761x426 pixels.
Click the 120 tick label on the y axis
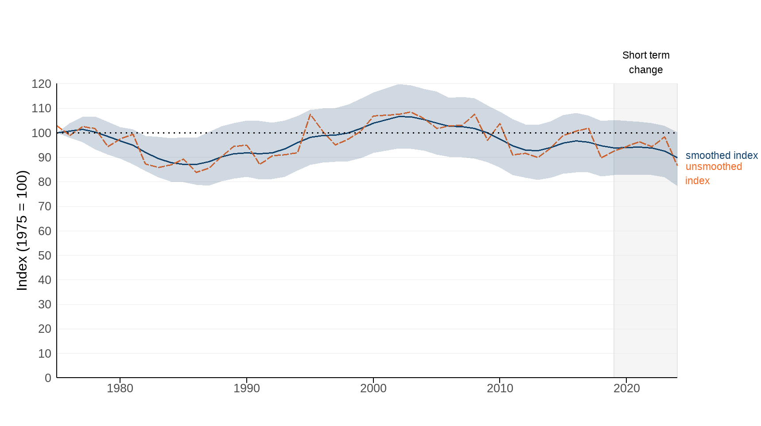41,84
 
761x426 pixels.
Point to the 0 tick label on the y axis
48,378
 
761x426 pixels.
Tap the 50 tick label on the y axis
44,256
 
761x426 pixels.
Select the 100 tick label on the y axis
41,133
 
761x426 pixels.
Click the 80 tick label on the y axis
44,182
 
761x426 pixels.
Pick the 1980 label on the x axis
120,388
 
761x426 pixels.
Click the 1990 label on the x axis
246,388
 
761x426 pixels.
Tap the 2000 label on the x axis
373,388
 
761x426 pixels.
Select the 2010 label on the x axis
500,388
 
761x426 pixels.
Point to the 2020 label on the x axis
626,388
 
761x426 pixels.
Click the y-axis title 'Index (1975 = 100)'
22,231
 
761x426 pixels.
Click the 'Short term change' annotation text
646,63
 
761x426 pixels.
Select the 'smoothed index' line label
722,155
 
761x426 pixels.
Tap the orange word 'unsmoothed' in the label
714,166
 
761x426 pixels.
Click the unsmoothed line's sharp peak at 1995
310,114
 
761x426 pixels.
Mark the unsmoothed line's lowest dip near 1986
196,172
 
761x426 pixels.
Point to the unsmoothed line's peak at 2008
474,114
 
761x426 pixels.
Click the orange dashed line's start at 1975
57,126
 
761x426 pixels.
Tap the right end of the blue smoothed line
677,158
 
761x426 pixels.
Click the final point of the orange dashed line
677,166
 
